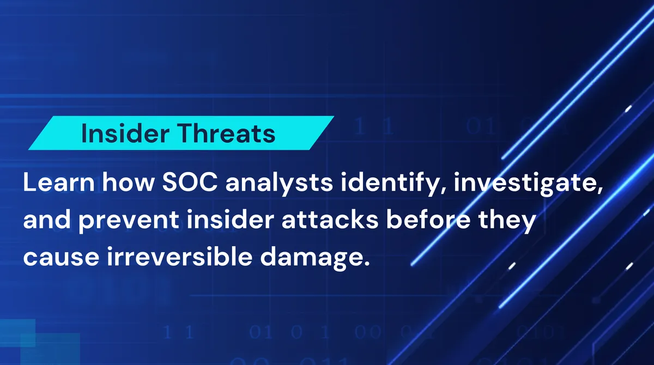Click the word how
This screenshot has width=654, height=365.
pos(123,184)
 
